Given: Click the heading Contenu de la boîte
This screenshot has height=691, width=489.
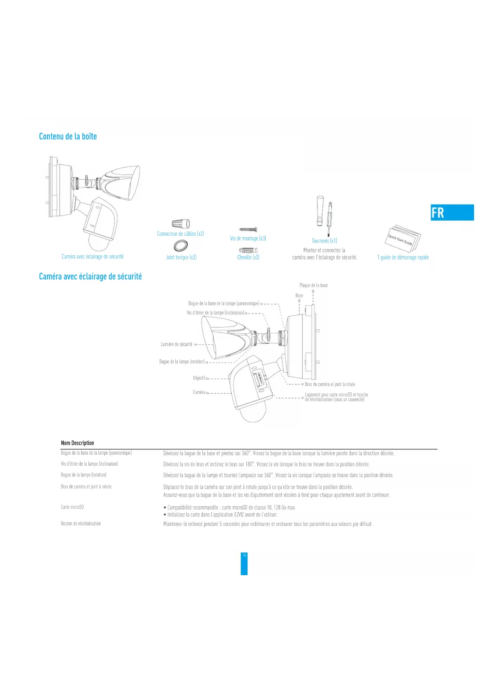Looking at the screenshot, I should coord(68,136).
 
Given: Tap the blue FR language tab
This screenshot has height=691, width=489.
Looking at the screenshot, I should coord(452,213).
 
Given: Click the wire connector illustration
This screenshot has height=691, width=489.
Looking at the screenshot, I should coord(181,224).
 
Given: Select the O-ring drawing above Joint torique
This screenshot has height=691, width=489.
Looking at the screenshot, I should coord(180,246).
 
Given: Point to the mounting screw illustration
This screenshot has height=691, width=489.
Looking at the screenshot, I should coord(248,229).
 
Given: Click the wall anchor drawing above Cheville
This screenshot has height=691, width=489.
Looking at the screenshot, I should coord(248,250).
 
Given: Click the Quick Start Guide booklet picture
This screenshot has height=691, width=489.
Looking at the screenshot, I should coord(403,238).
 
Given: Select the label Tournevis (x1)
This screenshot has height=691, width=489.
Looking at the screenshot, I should coord(324,241).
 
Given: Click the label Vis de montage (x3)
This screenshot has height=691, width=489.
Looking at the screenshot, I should coord(248,238).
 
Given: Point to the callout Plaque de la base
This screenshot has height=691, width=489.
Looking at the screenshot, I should coord(313,285).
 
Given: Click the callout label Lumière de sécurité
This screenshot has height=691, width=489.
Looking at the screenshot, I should coord(177,344).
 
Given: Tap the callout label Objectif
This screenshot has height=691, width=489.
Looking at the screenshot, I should coord(199,378).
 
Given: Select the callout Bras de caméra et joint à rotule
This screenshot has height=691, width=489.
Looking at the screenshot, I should coord(330,384).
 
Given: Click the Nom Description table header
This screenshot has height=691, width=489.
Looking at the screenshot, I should coord(78,443).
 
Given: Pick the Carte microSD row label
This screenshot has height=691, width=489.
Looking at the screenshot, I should coord(73,507).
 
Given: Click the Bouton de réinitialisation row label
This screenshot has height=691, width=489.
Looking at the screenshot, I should coord(81,524).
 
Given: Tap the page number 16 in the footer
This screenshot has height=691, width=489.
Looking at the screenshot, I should coord(244,555).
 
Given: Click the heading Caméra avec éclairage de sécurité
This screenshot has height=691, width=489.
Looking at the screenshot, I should coord(90,277).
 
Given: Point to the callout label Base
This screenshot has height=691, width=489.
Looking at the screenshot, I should coord(299,295).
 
